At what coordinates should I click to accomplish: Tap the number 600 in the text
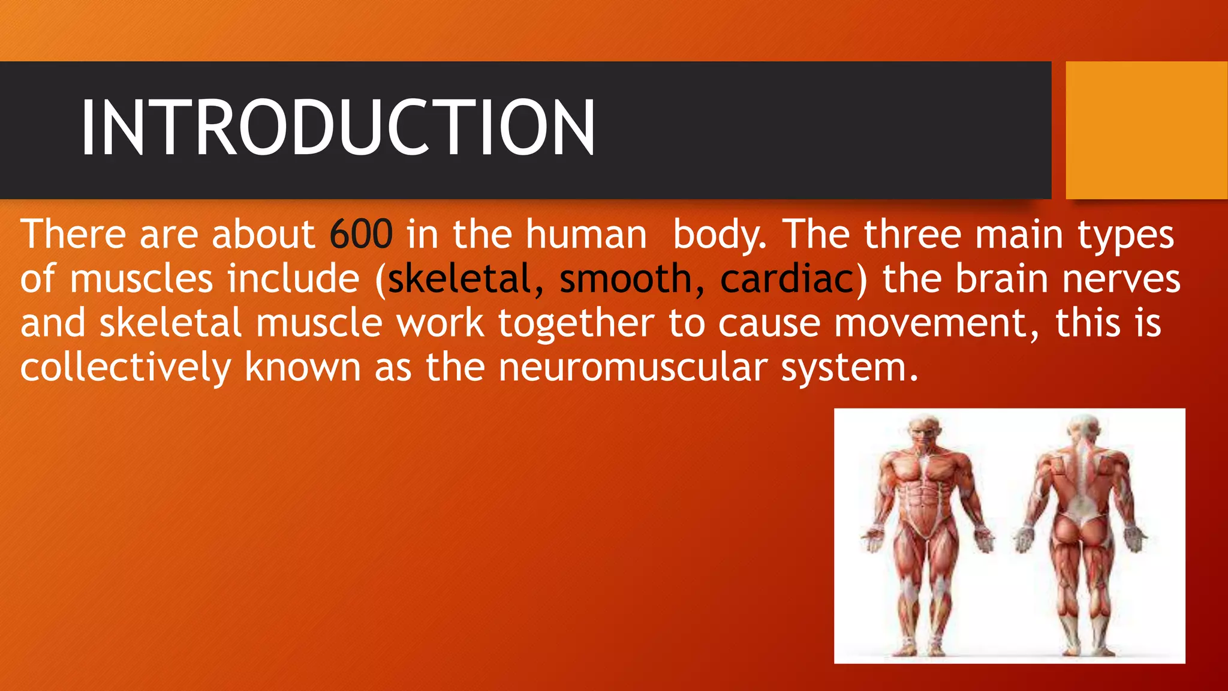pos(361,234)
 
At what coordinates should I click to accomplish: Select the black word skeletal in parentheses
pos(459,279)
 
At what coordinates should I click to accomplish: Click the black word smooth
pos(625,279)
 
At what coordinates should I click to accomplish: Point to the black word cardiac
pos(787,279)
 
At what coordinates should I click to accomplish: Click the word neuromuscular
pos(633,367)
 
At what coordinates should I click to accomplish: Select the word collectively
pos(125,367)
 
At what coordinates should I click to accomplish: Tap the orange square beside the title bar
pos(1146,130)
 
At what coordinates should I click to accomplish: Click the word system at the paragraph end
pos(848,367)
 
